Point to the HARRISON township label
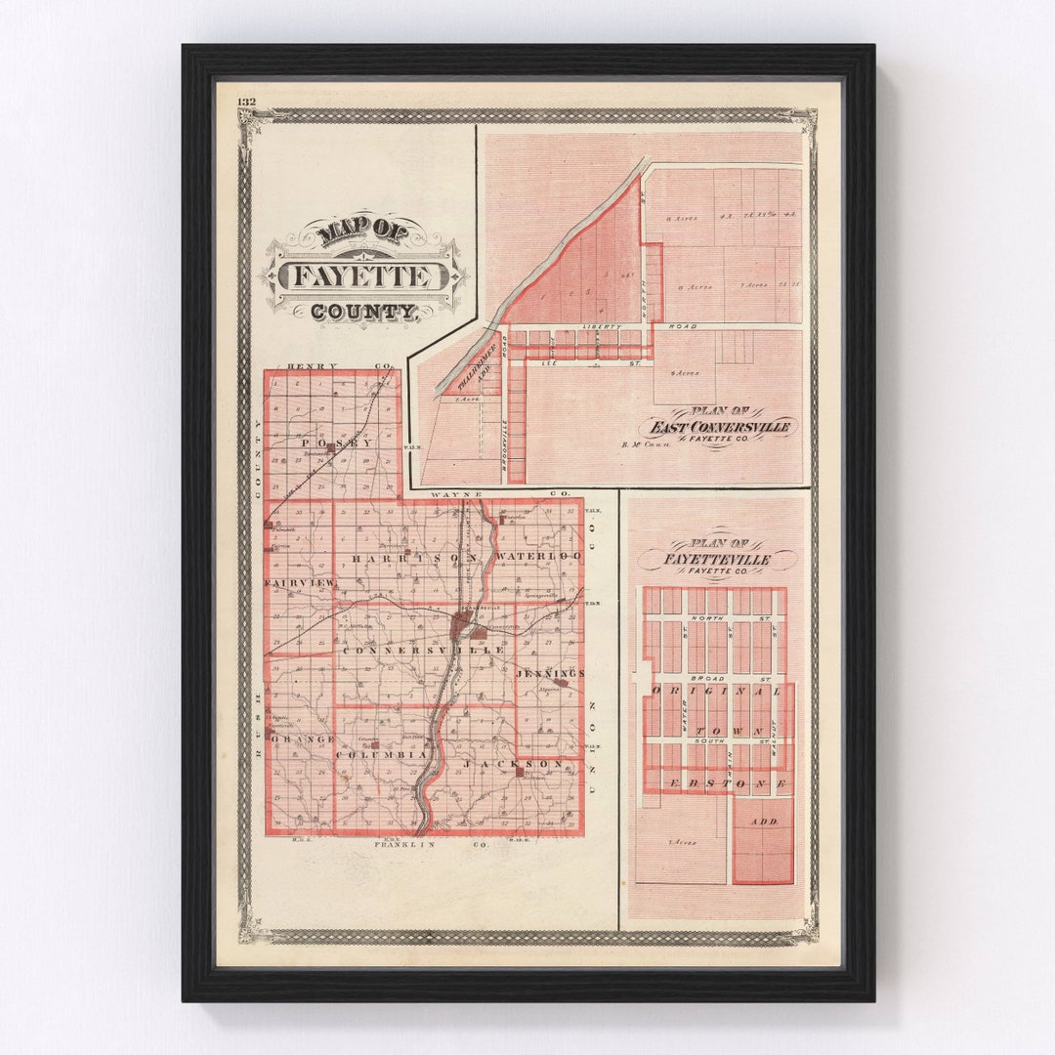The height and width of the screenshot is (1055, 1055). [x=415, y=557]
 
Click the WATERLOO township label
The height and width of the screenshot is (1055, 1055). [x=538, y=556]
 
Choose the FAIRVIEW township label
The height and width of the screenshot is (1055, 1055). [x=299, y=583]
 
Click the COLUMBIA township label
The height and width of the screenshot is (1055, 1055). [x=381, y=755]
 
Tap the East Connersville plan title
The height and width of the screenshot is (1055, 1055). [x=718, y=427]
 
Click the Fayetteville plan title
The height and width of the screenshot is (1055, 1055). [x=717, y=559]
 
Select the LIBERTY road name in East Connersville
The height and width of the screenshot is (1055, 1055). [x=602, y=324]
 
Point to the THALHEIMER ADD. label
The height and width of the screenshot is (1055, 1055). [x=485, y=359]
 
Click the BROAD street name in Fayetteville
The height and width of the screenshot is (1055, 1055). [x=706, y=677]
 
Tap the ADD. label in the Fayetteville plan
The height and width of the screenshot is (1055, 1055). [x=764, y=822]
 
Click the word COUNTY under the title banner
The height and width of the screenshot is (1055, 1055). [x=362, y=313]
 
